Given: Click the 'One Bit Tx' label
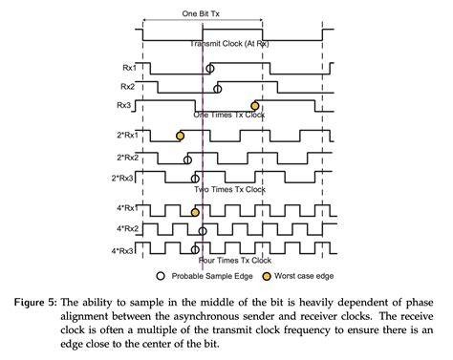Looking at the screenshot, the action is [x=201, y=13].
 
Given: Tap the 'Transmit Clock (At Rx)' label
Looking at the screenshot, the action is [x=229, y=44].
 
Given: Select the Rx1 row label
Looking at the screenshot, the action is [x=129, y=68].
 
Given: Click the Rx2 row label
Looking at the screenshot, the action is [x=127, y=87].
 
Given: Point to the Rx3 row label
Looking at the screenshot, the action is [x=124, y=105].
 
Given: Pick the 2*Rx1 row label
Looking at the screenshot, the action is [x=127, y=135].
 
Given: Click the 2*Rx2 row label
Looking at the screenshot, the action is [x=127, y=158].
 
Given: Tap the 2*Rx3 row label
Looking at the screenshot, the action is [x=122, y=179].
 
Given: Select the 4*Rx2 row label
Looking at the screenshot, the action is [x=127, y=228].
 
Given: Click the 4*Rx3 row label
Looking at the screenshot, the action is [x=122, y=251].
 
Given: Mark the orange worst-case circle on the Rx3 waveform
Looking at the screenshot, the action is [x=254, y=105].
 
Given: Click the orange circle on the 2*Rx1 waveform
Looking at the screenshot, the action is [x=180, y=136].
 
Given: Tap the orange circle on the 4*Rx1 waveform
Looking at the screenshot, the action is [x=195, y=212].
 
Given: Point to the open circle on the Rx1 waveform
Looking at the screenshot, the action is [x=209, y=68].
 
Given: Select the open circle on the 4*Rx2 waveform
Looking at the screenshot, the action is [x=203, y=231].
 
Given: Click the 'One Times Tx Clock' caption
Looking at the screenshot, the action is [x=229, y=115].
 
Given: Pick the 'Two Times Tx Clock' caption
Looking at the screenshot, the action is [x=229, y=189].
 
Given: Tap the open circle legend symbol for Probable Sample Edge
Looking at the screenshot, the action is [x=161, y=276].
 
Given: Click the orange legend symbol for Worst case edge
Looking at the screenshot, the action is [x=267, y=276].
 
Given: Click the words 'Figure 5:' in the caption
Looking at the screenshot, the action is [x=35, y=302].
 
